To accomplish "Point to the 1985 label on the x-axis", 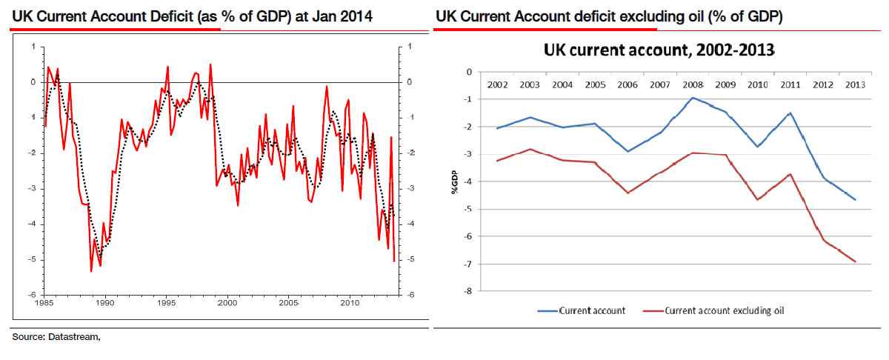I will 44,302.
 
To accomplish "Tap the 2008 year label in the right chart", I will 693,84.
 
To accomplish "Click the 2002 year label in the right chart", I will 498,84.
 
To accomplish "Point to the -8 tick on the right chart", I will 467,291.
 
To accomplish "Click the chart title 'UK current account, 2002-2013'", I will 659,50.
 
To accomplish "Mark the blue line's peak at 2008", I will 693,98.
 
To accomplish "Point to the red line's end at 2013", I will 856,261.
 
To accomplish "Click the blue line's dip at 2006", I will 628,151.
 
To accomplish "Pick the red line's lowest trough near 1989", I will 90,271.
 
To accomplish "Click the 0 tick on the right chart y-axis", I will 468,72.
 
